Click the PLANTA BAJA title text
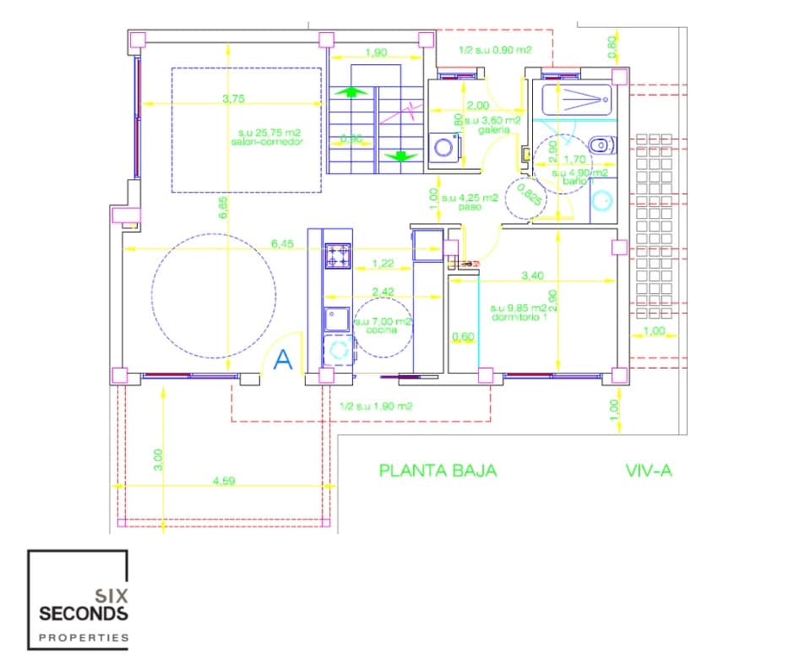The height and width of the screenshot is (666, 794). click(x=438, y=471)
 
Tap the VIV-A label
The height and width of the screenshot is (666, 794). click(x=649, y=471)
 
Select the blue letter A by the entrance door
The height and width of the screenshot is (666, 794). click(x=284, y=361)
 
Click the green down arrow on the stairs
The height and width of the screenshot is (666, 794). click(x=397, y=156)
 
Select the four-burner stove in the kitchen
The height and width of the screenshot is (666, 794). click(x=339, y=255)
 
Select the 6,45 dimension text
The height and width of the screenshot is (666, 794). click(x=282, y=243)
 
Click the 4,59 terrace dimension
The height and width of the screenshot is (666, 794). click(x=223, y=482)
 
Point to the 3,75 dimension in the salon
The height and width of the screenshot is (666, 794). click(x=233, y=99)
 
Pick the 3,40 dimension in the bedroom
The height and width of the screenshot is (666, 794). click(x=533, y=276)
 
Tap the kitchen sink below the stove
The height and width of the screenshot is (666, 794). click(x=339, y=319)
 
